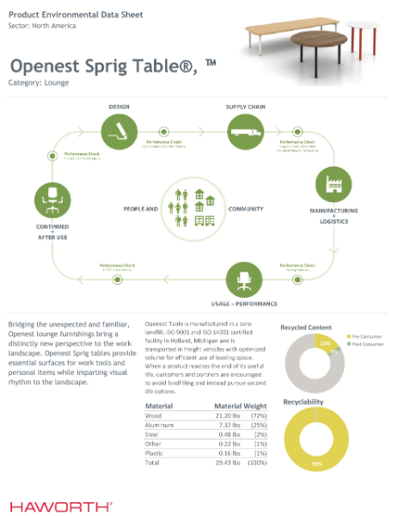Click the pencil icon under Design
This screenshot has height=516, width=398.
pos(118,132)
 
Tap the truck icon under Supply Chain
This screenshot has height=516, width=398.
pos(243,132)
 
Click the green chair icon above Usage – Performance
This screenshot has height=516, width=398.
pos(243,280)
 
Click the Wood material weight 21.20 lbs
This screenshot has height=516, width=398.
pos(228,415)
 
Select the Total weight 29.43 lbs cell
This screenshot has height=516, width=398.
pos(228,462)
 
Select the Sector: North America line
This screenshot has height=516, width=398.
pos(42,26)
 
